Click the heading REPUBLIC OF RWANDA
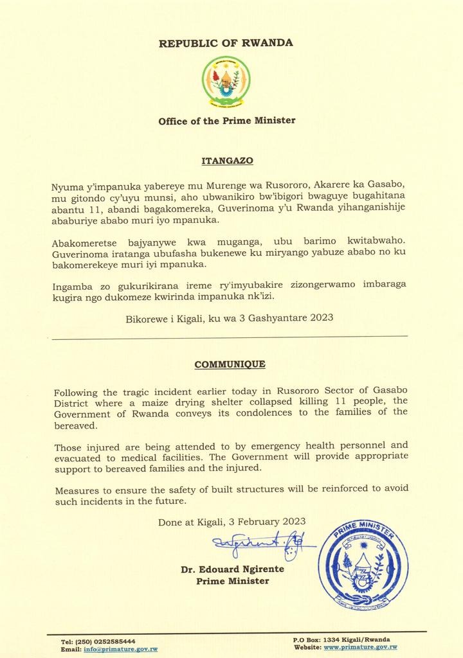226,43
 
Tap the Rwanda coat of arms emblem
226,82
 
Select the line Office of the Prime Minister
227,120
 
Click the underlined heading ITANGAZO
226,157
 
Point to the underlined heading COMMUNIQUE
230,364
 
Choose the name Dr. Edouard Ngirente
232,569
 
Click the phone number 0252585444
114,641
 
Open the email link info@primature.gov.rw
120,649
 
